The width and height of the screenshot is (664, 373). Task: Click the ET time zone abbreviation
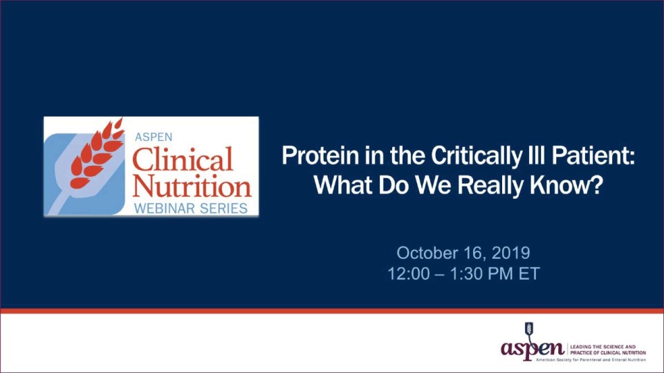528,273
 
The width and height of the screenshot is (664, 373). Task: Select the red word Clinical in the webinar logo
183,160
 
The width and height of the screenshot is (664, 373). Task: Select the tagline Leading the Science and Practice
607,349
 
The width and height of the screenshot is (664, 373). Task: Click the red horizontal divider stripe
332,311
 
